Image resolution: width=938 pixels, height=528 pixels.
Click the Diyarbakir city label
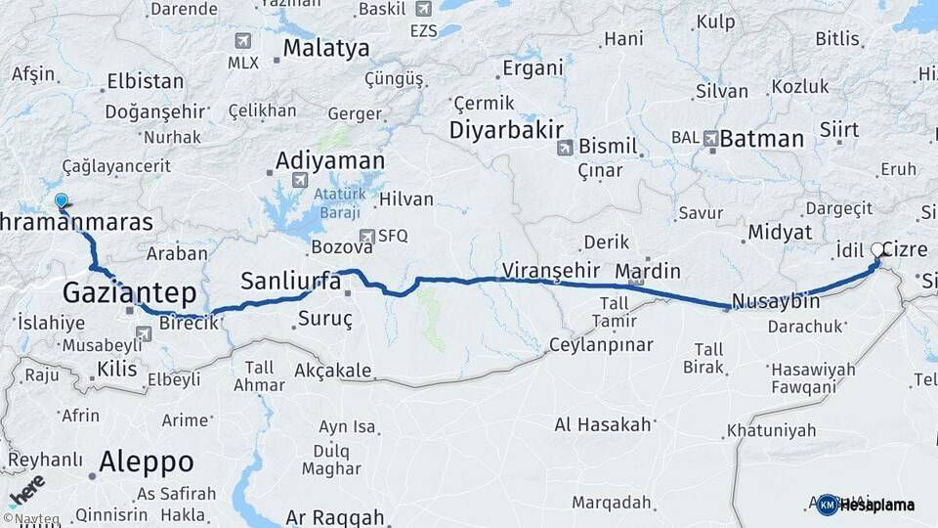(506, 130)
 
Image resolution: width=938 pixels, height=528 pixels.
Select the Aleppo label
(146, 462)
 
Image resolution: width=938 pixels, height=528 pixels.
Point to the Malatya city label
(326, 48)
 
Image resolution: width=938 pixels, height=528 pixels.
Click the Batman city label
(761, 138)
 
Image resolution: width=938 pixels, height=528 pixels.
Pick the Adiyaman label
(330, 160)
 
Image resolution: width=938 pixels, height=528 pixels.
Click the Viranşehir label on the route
(549, 269)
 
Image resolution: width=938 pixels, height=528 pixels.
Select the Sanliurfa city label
(291, 282)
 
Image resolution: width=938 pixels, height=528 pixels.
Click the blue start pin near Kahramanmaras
(62, 201)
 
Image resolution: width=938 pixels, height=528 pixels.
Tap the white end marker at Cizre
(877, 250)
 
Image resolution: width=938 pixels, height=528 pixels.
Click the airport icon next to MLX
(243, 42)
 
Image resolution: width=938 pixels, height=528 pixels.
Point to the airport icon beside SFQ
(366, 236)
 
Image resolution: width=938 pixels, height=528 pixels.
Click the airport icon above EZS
(423, 9)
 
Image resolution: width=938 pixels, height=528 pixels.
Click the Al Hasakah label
(602, 424)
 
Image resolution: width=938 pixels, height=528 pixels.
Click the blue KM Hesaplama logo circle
(828, 505)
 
